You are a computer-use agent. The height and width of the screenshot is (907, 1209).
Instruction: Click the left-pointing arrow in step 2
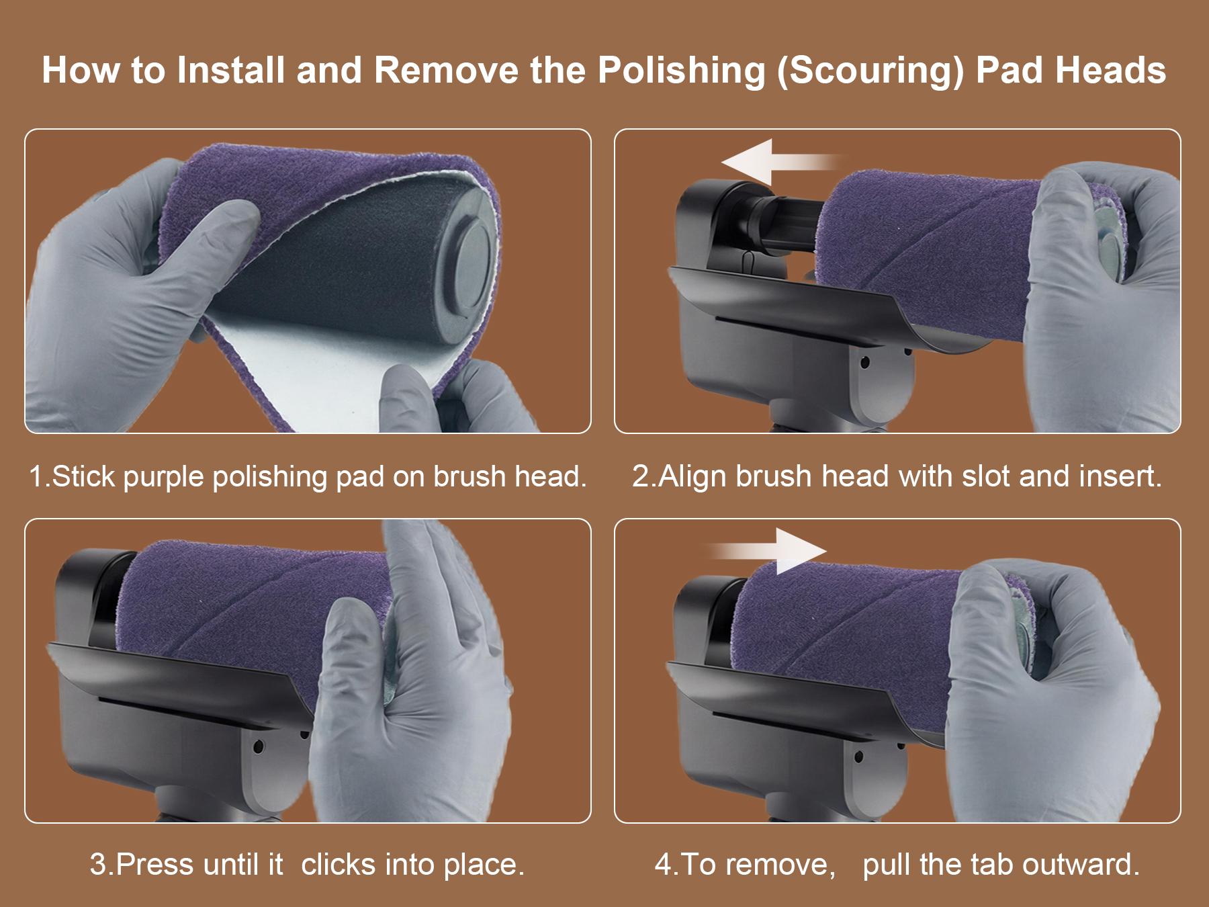tap(780, 161)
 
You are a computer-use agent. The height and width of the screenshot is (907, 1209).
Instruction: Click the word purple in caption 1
tap(166, 477)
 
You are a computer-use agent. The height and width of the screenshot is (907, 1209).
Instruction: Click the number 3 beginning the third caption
tap(98, 864)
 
